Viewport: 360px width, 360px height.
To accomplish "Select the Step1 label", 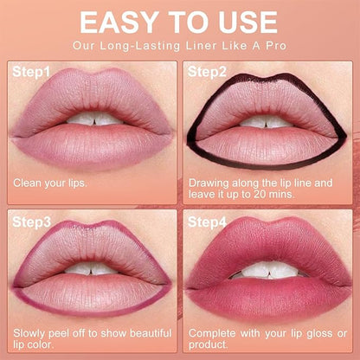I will click(x=31, y=72).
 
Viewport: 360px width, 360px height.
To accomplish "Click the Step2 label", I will click(x=209, y=72).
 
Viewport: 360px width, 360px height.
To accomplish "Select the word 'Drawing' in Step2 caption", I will click(x=209, y=183).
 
